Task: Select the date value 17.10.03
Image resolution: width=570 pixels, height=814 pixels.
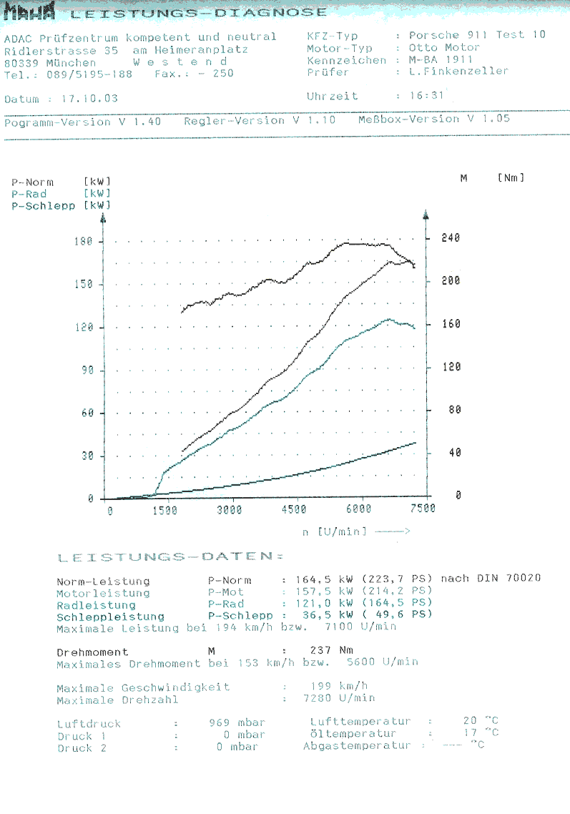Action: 90,99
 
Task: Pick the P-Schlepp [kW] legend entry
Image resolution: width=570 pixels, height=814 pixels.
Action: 61,205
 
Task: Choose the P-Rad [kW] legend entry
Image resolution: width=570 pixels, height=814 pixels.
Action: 61,194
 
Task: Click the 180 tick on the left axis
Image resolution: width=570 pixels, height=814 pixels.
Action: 84,242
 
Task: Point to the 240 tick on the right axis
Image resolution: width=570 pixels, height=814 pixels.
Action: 450,238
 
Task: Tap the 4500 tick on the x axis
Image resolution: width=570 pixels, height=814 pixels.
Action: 293,510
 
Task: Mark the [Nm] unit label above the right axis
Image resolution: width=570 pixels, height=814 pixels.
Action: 511,177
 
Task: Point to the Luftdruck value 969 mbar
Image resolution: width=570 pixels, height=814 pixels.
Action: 237,723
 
